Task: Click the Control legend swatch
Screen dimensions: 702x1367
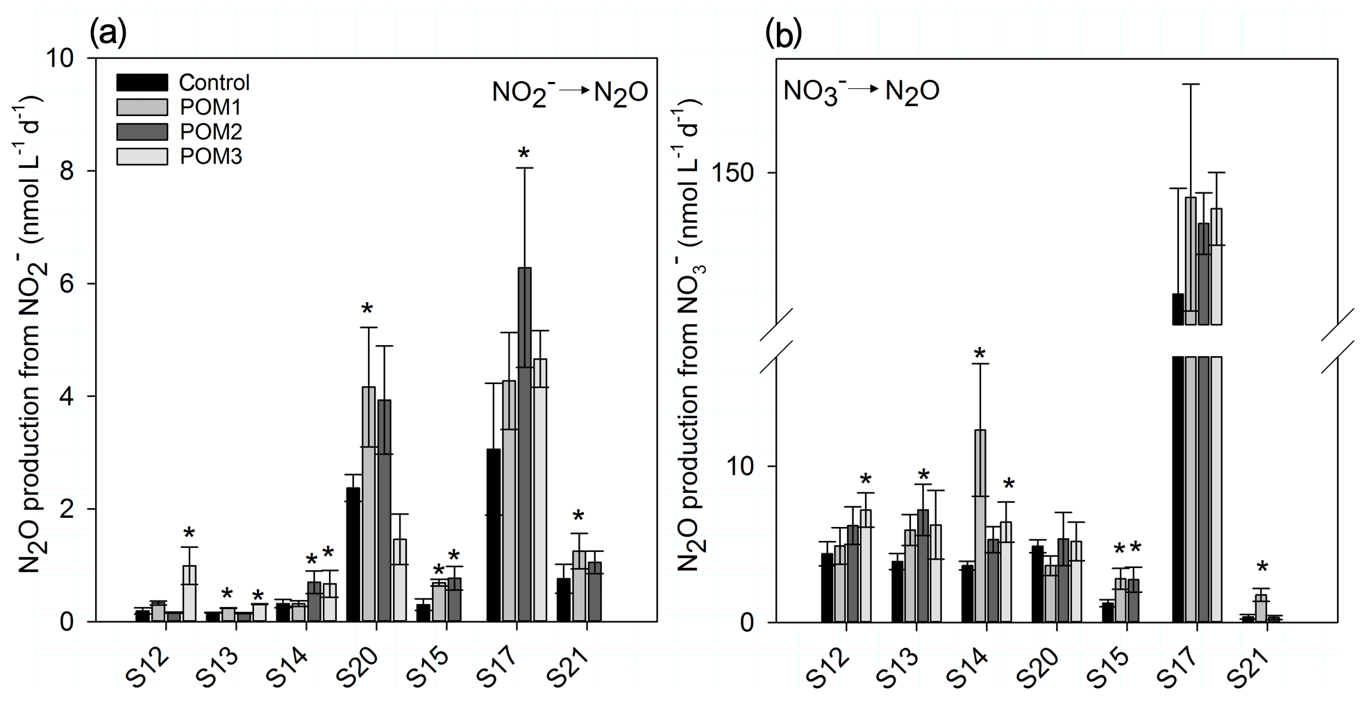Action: tap(142, 83)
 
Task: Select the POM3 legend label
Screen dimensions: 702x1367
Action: tap(211, 157)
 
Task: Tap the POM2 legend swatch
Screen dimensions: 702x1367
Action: tap(142, 132)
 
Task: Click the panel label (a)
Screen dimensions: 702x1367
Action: tap(108, 33)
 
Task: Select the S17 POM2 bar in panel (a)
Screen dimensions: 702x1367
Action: tap(524, 444)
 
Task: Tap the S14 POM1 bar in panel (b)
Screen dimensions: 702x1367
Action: tap(980, 526)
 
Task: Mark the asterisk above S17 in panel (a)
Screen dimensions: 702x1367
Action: tap(523, 153)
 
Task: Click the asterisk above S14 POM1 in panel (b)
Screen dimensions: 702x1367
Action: tap(979, 355)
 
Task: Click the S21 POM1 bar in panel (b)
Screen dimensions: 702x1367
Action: tap(1261, 608)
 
